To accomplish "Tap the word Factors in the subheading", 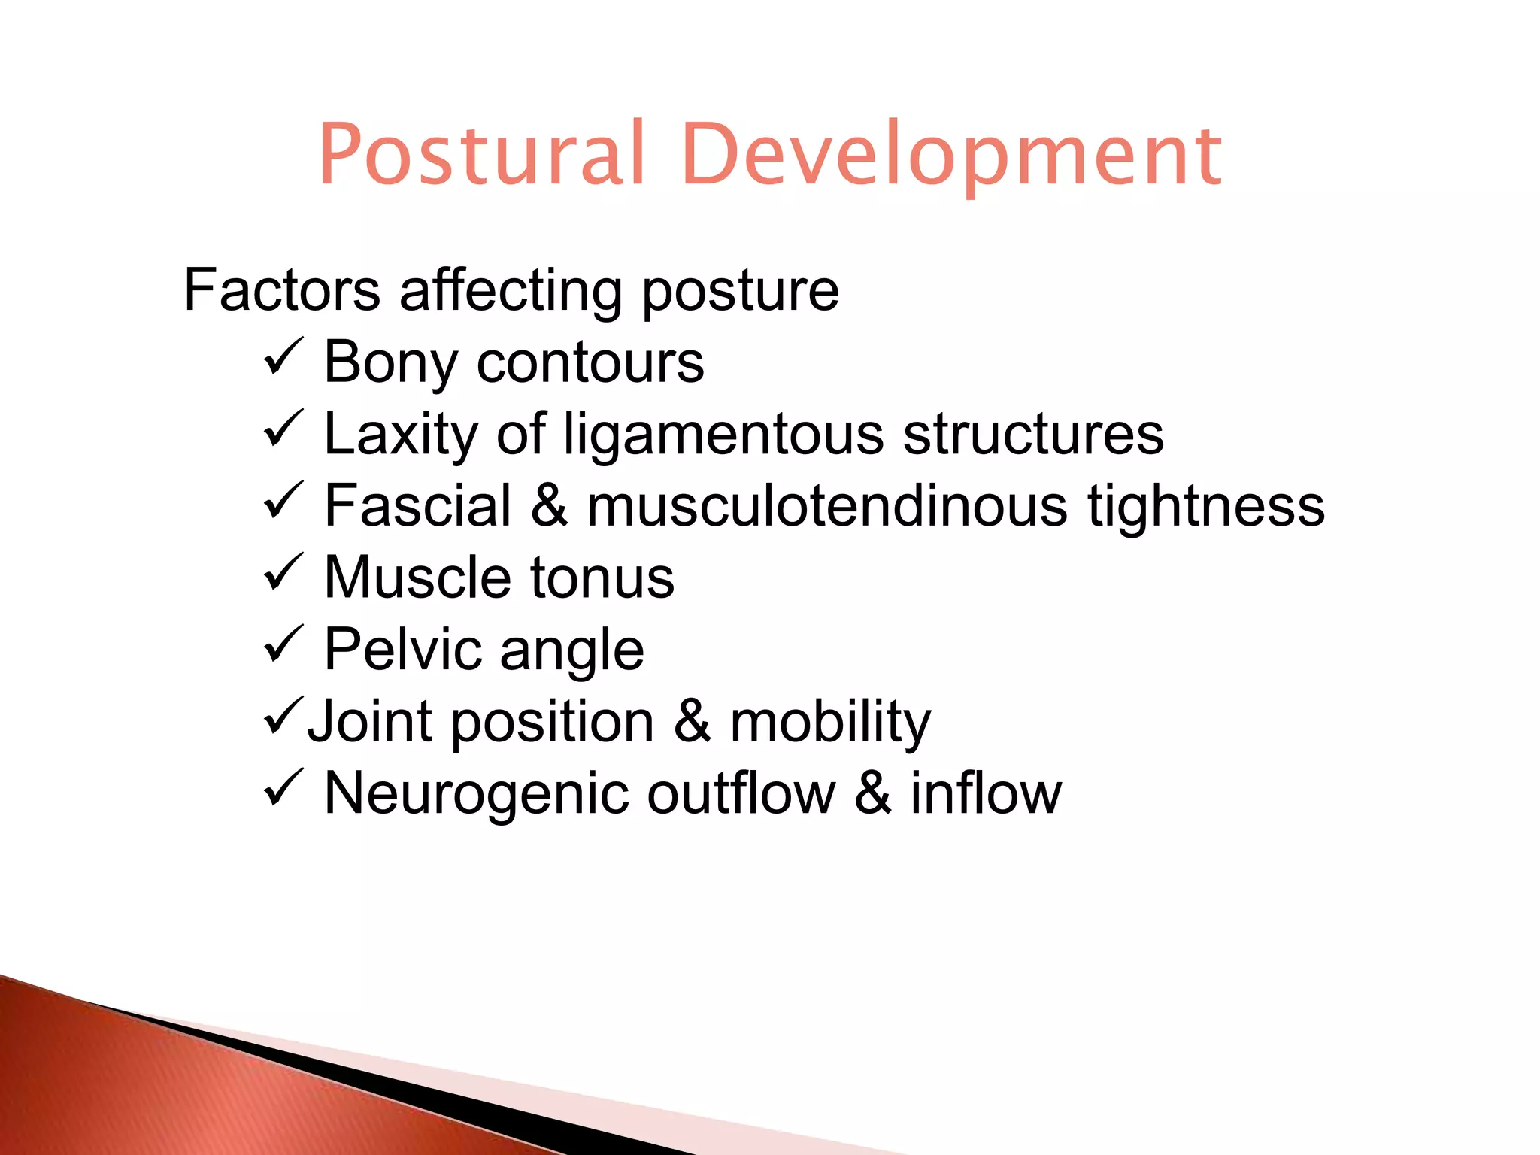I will tap(282, 290).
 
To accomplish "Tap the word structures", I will tap(1033, 434).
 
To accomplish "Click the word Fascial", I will tap(418, 505).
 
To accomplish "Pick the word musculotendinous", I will tap(827, 505).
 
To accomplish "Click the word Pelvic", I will tap(402, 650).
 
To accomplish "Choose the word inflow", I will tap(986, 793).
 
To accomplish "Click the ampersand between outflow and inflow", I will tap(873, 793).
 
